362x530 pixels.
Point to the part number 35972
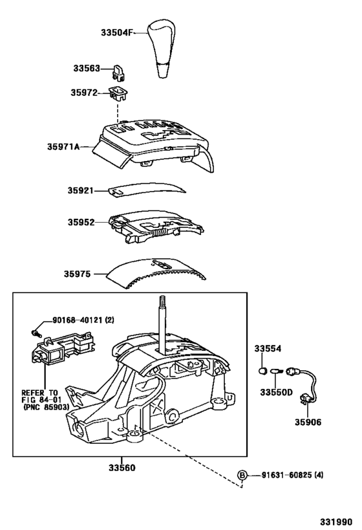click(x=85, y=93)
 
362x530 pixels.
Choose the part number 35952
click(x=81, y=223)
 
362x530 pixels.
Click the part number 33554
click(x=267, y=349)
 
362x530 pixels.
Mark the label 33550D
click(x=276, y=392)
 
